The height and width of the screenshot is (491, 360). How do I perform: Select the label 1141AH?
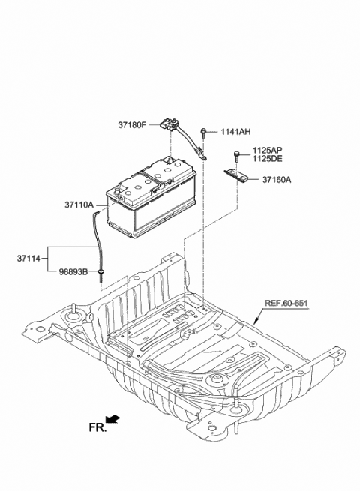coord(235,132)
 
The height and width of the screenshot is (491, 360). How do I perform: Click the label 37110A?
coord(79,204)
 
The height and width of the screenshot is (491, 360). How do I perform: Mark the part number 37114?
coord(30,259)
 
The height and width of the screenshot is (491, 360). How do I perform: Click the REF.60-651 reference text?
coord(286,304)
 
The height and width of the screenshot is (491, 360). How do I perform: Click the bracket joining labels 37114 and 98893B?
coord(49,259)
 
